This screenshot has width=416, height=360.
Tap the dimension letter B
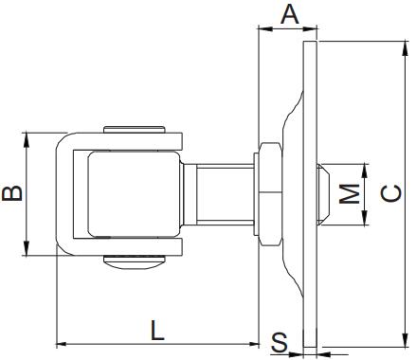click(x=12, y=194)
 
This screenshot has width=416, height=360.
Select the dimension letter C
click(x=389, y=194)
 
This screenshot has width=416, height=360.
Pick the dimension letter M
click(x=351, y=194)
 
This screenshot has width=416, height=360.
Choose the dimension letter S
click(x=280, y=342)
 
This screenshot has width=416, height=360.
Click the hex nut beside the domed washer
click(x=266, y=193)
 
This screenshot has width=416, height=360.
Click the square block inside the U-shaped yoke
click(x=133, y=193)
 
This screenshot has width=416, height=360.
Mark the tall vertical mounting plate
click(x=310, y=194)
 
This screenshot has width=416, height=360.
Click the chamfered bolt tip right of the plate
click(x=324, y=194)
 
